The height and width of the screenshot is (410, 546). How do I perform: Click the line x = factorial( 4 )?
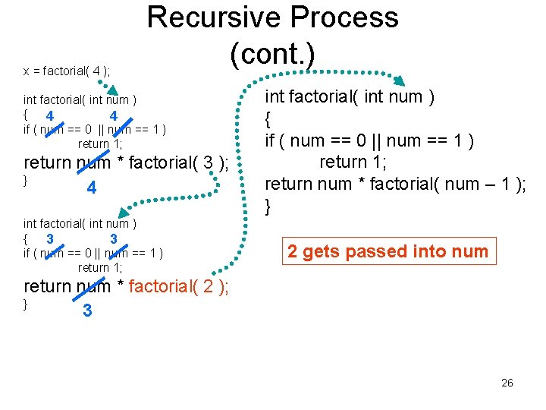click(67, 71)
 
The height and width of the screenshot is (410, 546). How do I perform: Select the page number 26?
click(507, 383)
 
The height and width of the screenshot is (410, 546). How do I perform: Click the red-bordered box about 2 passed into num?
click(388, 251)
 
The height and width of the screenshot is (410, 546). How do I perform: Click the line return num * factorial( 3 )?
click(126, 162)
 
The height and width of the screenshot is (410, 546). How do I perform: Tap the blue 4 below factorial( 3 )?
click(91, 188)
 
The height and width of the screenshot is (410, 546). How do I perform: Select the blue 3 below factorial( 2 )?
click(87, 311)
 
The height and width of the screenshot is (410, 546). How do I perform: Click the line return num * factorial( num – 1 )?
click(395, 184)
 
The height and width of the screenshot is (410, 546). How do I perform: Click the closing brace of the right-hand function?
click(268, 205)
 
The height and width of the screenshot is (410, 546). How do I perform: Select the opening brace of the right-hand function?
click(268, 119)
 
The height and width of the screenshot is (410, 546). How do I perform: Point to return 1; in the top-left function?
click(100, 143)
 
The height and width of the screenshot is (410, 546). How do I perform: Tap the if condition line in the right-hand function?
click(369, 140)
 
